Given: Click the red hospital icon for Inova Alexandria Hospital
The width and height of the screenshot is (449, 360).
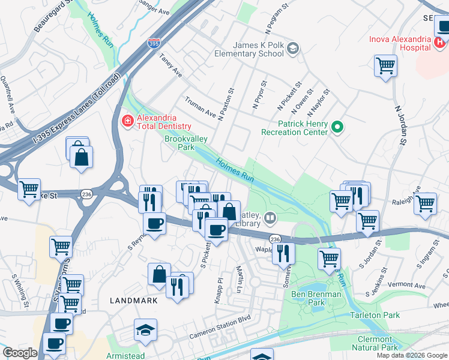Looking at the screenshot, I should [439, 43].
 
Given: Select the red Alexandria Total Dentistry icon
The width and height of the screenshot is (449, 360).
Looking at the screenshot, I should [127, 122].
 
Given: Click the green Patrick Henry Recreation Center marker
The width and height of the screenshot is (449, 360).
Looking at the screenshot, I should [337, 127].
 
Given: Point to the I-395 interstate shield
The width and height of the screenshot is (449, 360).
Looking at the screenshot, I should [154, 44].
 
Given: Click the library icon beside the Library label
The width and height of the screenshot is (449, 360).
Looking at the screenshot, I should [271, 217].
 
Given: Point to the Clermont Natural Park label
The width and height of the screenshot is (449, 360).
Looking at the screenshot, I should [374, 343].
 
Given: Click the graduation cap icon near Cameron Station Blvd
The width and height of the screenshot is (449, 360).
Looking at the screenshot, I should [145, 330].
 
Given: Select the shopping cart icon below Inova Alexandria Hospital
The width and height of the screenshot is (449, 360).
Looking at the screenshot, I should [385, 65].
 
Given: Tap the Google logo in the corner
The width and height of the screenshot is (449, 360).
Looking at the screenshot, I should [20, 353].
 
